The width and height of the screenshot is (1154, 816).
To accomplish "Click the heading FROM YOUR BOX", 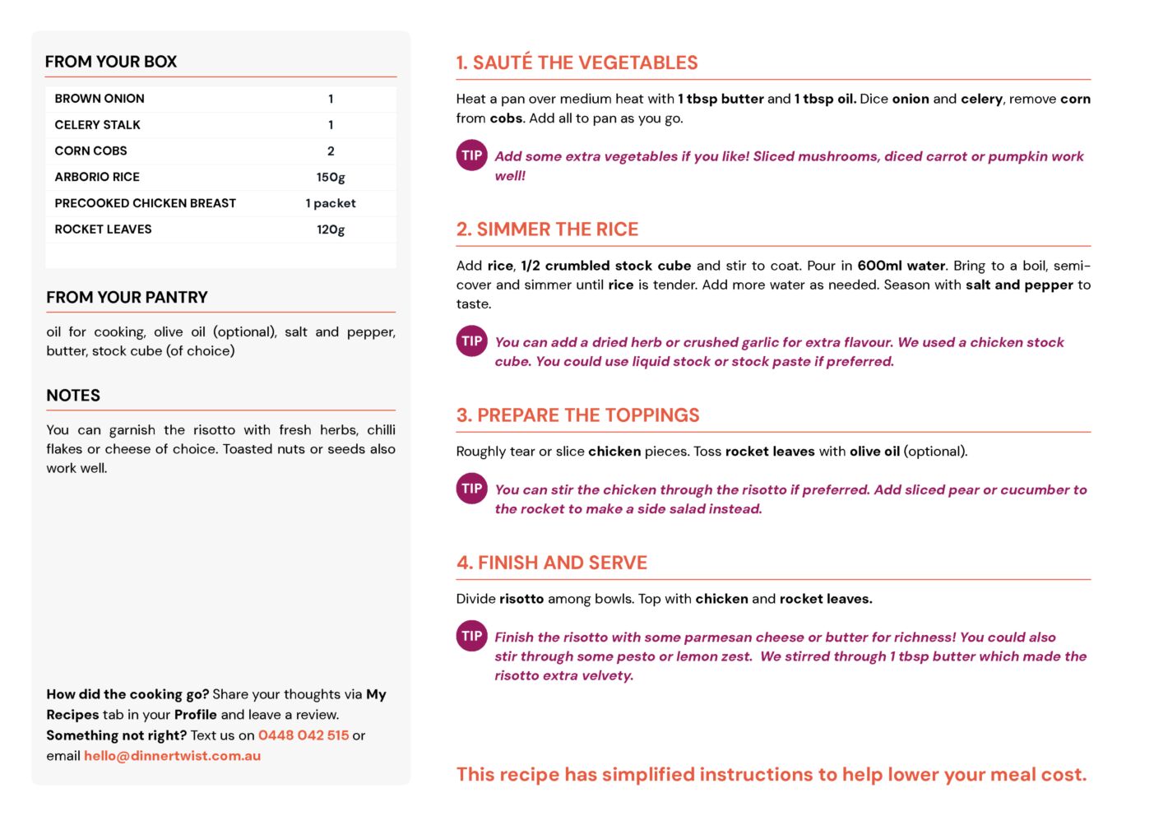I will click(111, 62).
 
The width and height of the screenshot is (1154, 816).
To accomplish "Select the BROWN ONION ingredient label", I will click(100, 99).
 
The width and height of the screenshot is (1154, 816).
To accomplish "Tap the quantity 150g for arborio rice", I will click(331, 177).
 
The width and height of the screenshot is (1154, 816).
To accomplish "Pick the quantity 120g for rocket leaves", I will click(331, 229).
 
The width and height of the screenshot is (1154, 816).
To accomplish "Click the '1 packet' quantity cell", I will click(331, 203).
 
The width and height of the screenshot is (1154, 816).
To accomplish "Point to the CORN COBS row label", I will click(90, 151).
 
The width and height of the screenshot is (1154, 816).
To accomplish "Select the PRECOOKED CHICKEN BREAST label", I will click(145, 203).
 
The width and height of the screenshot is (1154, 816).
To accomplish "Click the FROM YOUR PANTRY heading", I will click(127, 298).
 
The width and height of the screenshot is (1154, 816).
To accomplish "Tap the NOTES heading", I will click(73, 396).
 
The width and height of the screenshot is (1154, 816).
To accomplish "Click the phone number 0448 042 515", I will click(304, 735).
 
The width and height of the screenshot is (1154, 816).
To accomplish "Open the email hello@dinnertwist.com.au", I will click(172, 756).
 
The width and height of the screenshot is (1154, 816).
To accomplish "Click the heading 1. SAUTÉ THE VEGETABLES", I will click(577, 63).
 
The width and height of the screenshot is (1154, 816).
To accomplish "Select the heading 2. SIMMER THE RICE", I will click(547, 229).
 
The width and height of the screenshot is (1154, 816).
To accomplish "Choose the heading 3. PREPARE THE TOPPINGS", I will click(577, 415).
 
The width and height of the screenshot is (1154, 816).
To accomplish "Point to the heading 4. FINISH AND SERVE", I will click(551, 563).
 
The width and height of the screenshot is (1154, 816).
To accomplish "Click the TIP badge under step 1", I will click(472, 155).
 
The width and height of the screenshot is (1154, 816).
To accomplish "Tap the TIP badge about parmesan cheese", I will click(472, 636).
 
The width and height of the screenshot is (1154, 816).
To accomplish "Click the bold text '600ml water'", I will click(901, 266).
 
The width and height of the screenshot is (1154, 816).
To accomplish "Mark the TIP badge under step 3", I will click(472, 489).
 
